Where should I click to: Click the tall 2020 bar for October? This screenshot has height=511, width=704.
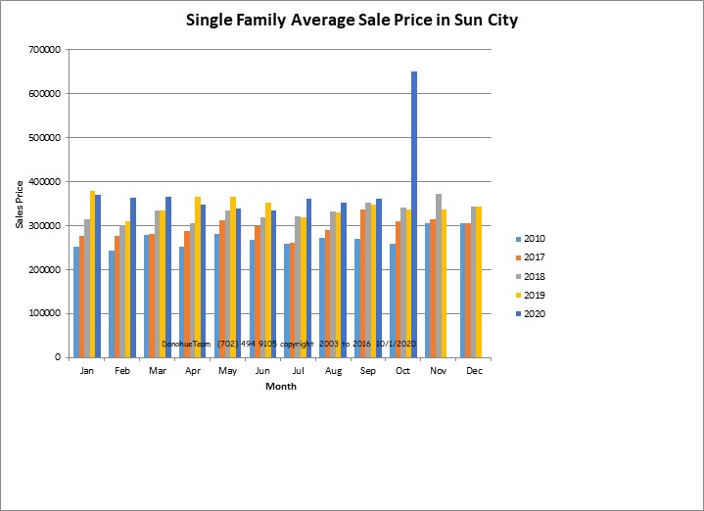pyautogui.click(x=414, y=214)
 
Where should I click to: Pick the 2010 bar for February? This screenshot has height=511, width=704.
pyautogui.click(x=112, y=304)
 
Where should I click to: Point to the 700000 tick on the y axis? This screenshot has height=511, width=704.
pyautogui.click(x=47, y=50)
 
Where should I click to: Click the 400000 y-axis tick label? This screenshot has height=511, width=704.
pyautogui.click(x=47, y=182)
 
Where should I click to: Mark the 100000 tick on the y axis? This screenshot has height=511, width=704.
pyautogui.click(x=47, y=314)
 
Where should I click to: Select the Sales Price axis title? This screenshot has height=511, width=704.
pyautogui.click(x=21, y=204)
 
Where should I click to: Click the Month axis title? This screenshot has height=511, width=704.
pyautogui.click(x=281, y=387)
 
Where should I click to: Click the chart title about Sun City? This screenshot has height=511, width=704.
pyautogui.click(x=351, y=21)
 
